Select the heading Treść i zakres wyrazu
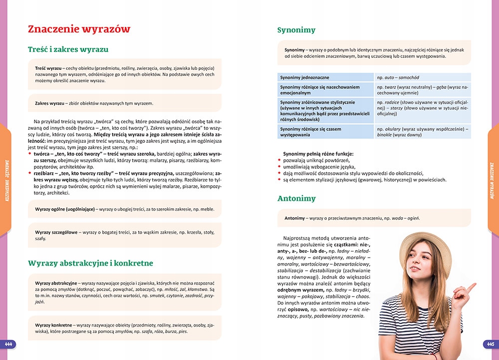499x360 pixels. pos(68,49)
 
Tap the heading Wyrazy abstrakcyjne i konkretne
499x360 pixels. pos(90,263)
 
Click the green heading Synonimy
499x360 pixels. pos(296,30)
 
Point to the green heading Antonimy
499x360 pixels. pos(296,198)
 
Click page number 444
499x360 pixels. pos(8,344)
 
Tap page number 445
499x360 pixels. pos(490,344)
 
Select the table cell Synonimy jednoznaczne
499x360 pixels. pos(304,77)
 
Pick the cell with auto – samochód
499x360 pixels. pos(398,77)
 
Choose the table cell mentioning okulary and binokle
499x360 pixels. pos(422,132)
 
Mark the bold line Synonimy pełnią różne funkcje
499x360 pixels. pos(318,153)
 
